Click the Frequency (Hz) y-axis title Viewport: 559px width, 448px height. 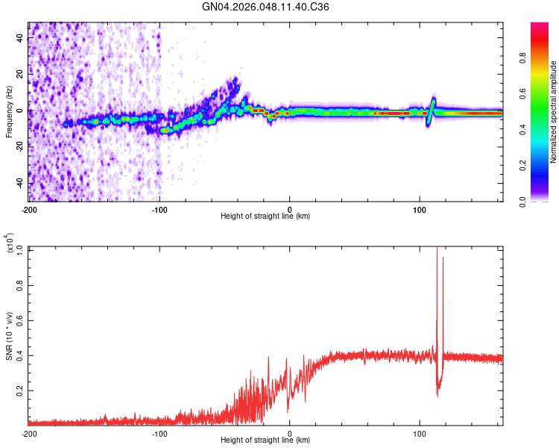[9, 111]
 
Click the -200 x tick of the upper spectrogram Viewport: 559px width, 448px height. [28, 209]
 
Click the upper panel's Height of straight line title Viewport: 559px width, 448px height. [265, 217]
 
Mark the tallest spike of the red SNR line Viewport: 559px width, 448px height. [437, 248]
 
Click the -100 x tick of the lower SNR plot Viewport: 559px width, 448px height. [160, 434]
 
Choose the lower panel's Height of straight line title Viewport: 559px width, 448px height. [265, 441]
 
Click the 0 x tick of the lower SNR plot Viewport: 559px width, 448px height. [289, 434]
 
